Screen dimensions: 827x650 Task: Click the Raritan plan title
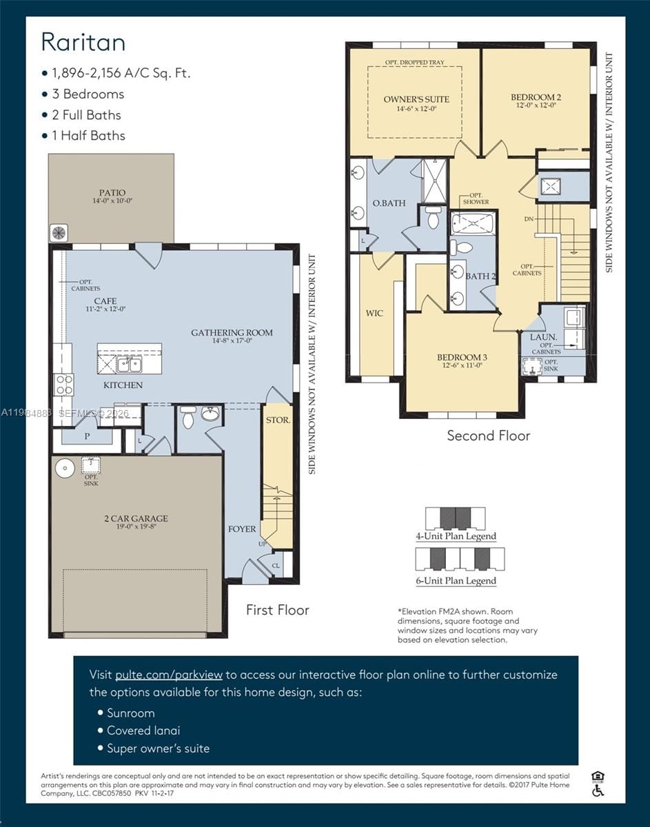(83, 42)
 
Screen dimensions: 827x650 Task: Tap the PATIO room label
(112, 192)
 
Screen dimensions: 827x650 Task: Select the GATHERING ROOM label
(232, 333)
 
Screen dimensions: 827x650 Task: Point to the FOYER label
(242, 529)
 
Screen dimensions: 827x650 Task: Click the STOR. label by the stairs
(278, 419)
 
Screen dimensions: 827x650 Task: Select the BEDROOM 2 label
(536, 97)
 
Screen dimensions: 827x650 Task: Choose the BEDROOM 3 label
(462, 357)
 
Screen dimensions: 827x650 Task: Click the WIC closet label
(374, 314)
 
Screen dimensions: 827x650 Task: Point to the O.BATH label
(389, 203)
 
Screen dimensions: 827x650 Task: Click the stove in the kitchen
(64, 385)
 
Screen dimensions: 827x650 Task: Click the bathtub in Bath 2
(473, 224)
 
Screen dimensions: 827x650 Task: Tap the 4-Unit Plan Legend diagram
(455, 518)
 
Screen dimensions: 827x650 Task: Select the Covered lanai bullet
(143, 731)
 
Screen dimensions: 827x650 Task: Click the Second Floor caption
(488, 436)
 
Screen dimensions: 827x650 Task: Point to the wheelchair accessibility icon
(598, 790)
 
